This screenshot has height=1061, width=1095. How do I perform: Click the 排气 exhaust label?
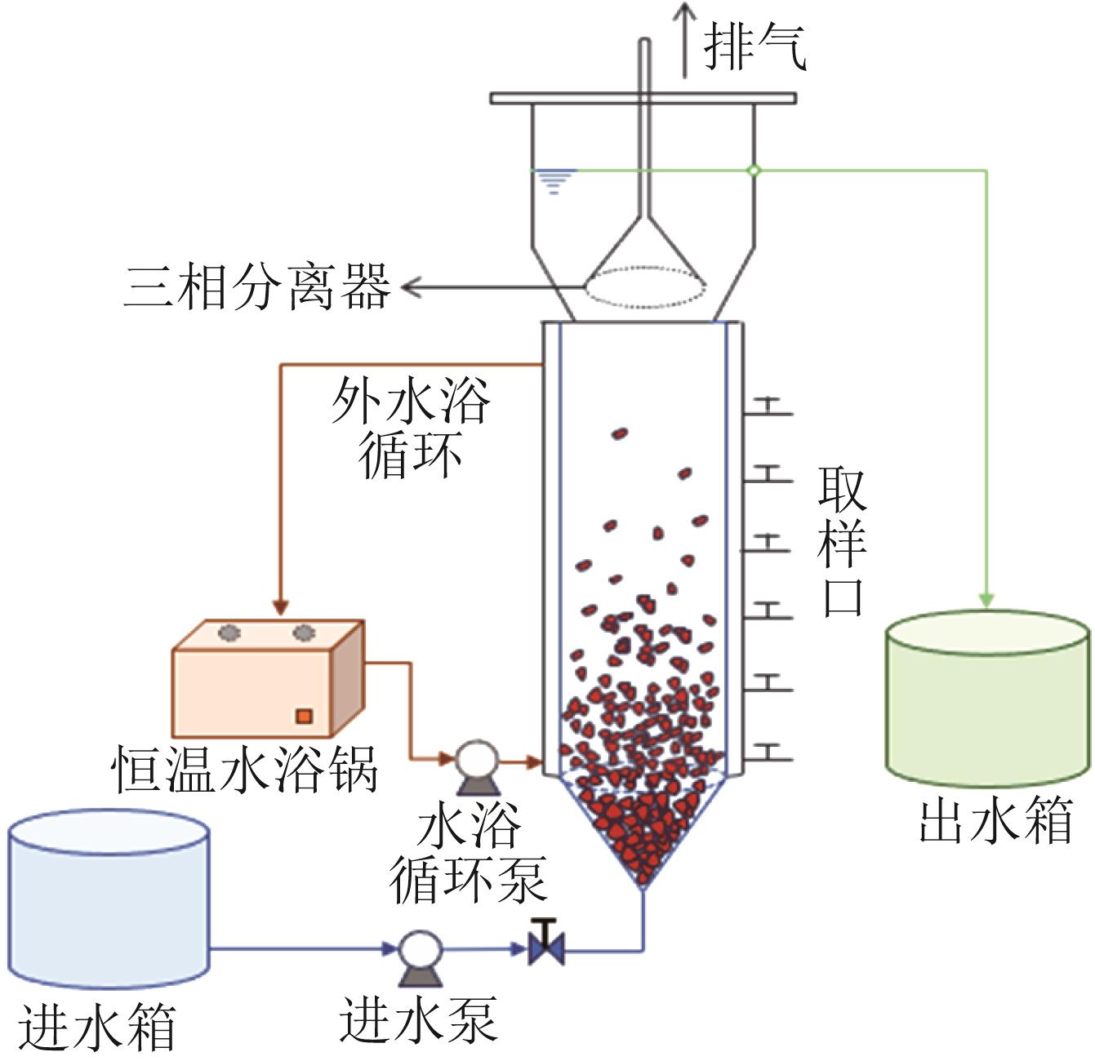[x=754, y=47]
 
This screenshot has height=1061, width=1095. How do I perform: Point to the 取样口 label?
[x=842, y=540]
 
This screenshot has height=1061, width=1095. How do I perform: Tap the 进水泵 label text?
[x=417, y=1020]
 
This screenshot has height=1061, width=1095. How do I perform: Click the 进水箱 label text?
[x=97, y=1026]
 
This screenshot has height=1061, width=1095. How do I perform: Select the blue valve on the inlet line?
[x=546, y=948]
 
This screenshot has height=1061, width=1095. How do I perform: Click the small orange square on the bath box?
[x=304, y=716]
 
